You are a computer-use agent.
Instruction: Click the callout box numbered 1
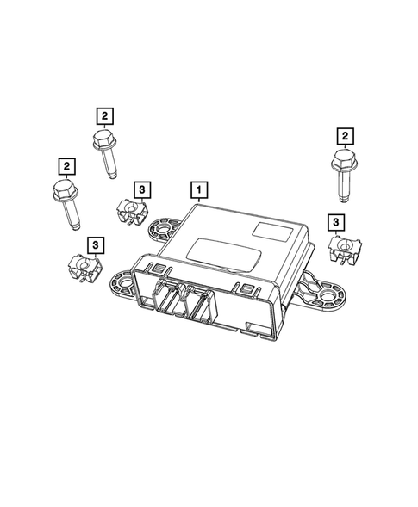click(x=199, y=188)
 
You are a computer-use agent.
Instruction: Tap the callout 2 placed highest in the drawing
click(x=103, y=114)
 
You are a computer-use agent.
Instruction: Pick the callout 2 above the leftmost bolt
click(x=65, y=164)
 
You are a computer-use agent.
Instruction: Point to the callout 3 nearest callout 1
click(x=140, y=189)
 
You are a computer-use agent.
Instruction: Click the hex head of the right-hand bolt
click(x=340, y=160)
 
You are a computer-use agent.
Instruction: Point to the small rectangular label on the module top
click(x=264, y=231)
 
